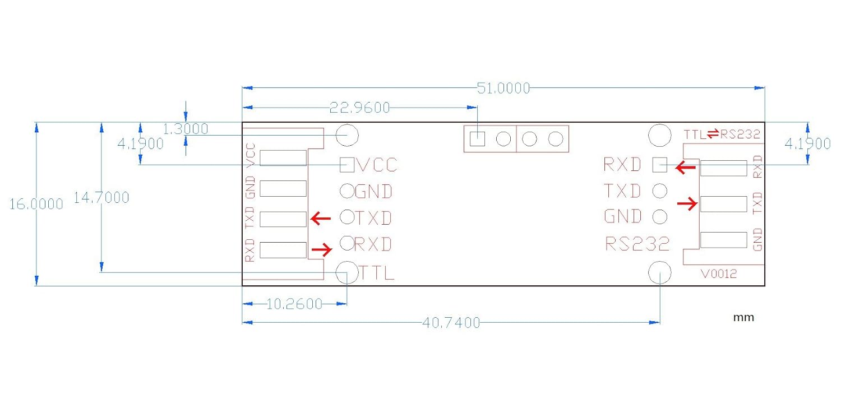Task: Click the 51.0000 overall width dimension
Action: [x=503, y=88]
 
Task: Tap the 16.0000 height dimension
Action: [x=36, y=205]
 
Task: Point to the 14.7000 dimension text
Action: [x=101, y=197]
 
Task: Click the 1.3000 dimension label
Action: [x=185, y=129]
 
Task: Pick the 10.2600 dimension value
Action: [x=294, y=304]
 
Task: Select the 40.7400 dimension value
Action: [x=452, y=323]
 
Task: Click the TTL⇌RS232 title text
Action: [x=722, y=134]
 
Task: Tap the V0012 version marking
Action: [x=719, y=274]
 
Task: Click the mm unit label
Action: [x=743, y=318]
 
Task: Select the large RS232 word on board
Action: [x=637, y=244]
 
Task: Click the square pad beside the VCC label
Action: [x=348, y=165]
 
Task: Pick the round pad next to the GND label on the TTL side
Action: [x=347, y=191]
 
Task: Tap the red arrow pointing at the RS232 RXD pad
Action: [x=685, y=167]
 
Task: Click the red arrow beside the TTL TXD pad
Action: [x=321, y=219]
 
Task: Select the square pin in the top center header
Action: [x=477, y=138]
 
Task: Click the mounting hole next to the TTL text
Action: [x=347, y=272]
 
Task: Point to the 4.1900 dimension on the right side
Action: [x=807, y=144]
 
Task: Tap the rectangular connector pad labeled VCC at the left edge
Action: [x=283, y=158]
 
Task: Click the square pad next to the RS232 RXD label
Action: [x=660, y=165]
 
